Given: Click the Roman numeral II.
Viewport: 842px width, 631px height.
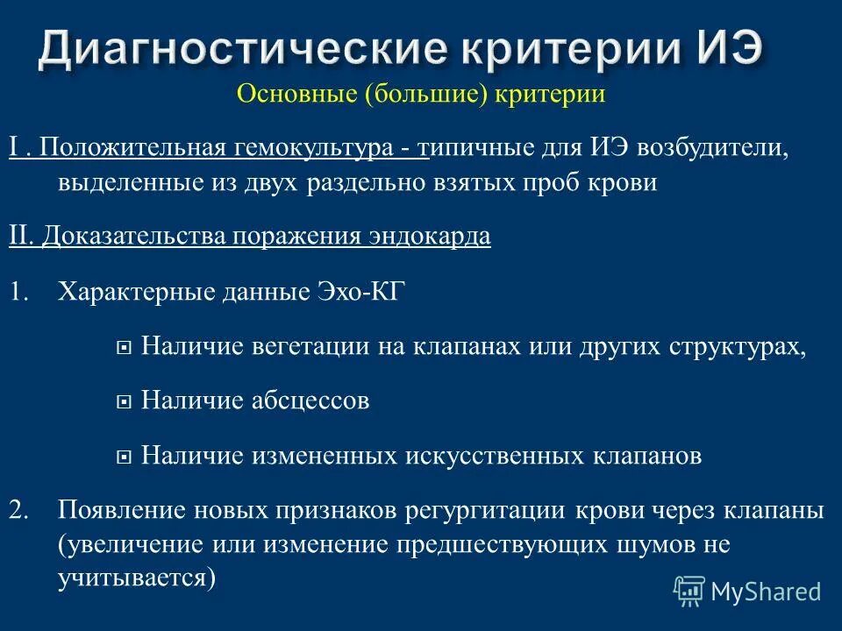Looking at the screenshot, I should point(22,238).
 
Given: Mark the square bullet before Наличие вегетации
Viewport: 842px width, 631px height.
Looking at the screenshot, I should point(124,347).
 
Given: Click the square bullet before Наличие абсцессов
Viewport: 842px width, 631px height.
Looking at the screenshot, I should point(124,402).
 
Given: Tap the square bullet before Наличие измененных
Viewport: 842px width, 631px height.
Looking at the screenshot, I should point(124,457).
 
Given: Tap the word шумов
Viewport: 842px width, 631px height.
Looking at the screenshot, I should point(650,544).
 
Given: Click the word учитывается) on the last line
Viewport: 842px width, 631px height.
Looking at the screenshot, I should point(137,578).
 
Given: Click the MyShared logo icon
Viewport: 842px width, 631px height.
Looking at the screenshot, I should point(689,591).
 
